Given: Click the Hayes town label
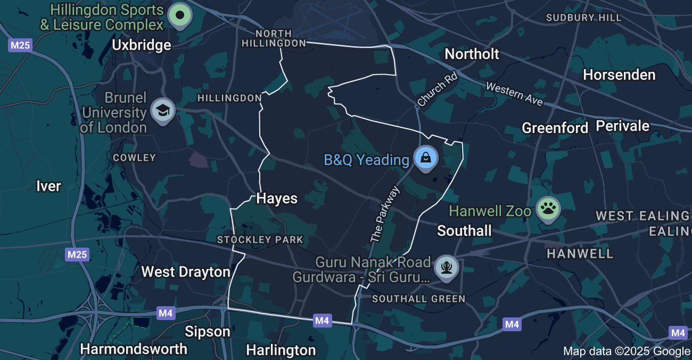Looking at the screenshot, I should click(277, 199).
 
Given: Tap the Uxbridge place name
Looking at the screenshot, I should click(142, 45).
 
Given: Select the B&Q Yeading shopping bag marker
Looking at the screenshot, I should click(426, 158).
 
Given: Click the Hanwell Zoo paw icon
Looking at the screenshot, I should click(547, 208).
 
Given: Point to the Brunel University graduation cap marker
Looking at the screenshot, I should click(162, 110).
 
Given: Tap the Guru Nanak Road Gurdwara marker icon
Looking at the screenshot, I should click(446, 266).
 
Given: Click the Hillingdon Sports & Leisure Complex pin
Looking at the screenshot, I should click(180, 15).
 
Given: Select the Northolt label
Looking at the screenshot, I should click(472, 54).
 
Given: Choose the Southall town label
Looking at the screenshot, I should click(464, 231).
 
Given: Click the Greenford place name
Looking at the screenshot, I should click(555, 128).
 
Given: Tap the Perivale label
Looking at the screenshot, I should click(622, 126).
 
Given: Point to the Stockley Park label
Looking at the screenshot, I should click(260, 240).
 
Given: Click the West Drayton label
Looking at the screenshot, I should click(185, 272).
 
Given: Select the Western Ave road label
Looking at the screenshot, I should click(514, 94).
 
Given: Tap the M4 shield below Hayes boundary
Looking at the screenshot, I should click(322, 321).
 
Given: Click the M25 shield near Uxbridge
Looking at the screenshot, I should click(20, 45).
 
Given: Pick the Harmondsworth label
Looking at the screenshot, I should click(134, 349).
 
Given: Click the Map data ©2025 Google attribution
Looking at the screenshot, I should click(626, 351).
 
